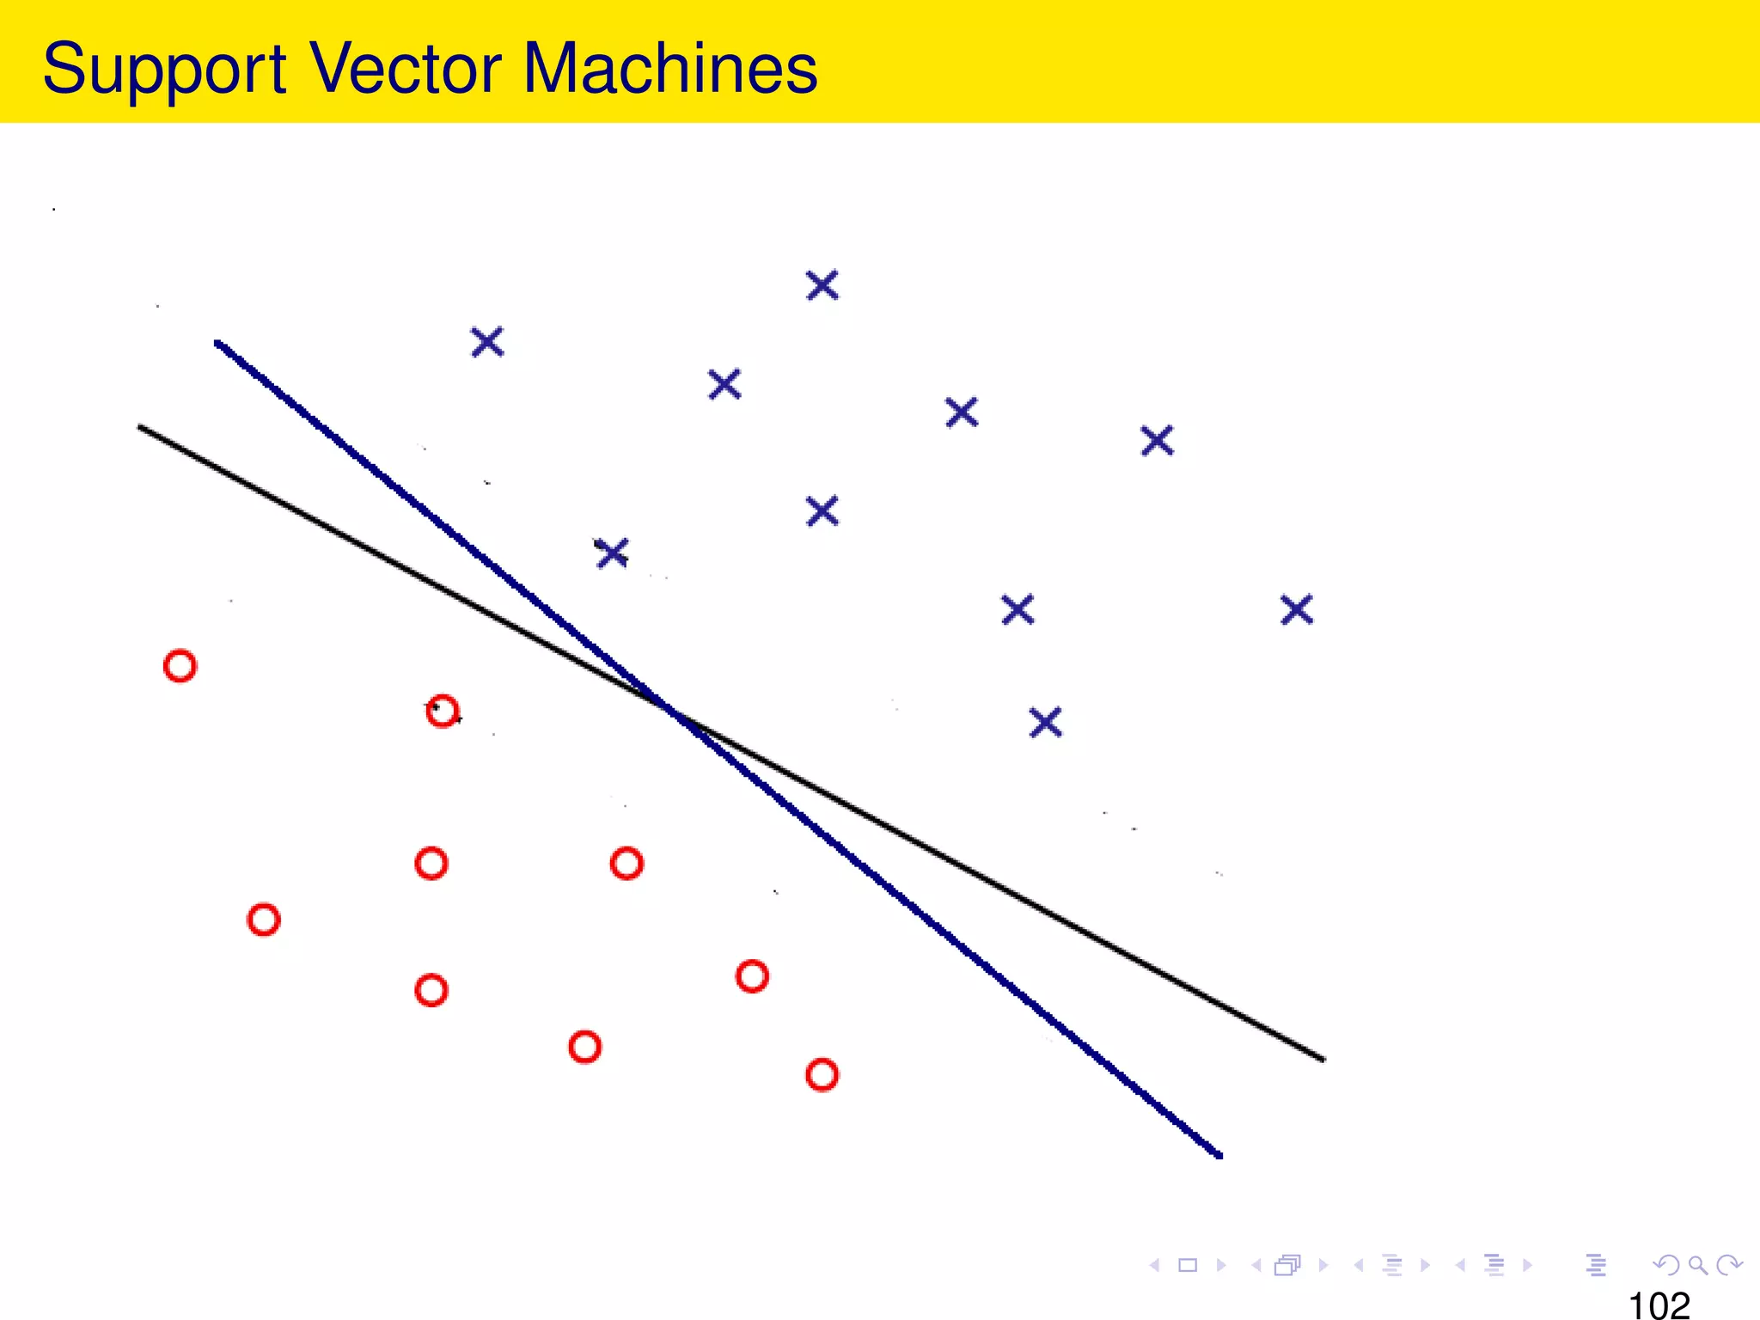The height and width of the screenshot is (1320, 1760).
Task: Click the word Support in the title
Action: [x=163, y=69]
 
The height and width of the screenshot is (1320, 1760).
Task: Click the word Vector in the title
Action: [x=405, y=69]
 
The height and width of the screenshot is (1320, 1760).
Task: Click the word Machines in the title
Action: [x=669, y=69]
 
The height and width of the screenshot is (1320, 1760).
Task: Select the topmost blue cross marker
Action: [x=822, y=285]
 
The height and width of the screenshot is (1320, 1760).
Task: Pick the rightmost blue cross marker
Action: [x=1297, y=610]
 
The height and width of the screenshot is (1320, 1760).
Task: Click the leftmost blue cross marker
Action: [x=487, y=342]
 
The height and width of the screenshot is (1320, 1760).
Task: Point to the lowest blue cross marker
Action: [x=1045, y=723]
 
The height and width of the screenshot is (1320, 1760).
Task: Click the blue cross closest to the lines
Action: [x=612, y=553]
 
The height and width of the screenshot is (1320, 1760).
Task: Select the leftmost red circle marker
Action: [x=180, y=666]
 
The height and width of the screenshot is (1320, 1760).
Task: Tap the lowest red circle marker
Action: [x=822, y=1075]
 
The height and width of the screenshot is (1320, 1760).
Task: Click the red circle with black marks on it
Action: [x=442, y=712]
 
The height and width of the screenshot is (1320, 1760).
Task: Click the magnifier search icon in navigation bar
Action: [x=1697, y=1265]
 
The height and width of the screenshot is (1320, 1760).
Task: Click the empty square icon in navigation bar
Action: [x=1188, y=1265]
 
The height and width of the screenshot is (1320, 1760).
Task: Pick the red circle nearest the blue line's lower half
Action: [x=752, y=976]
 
